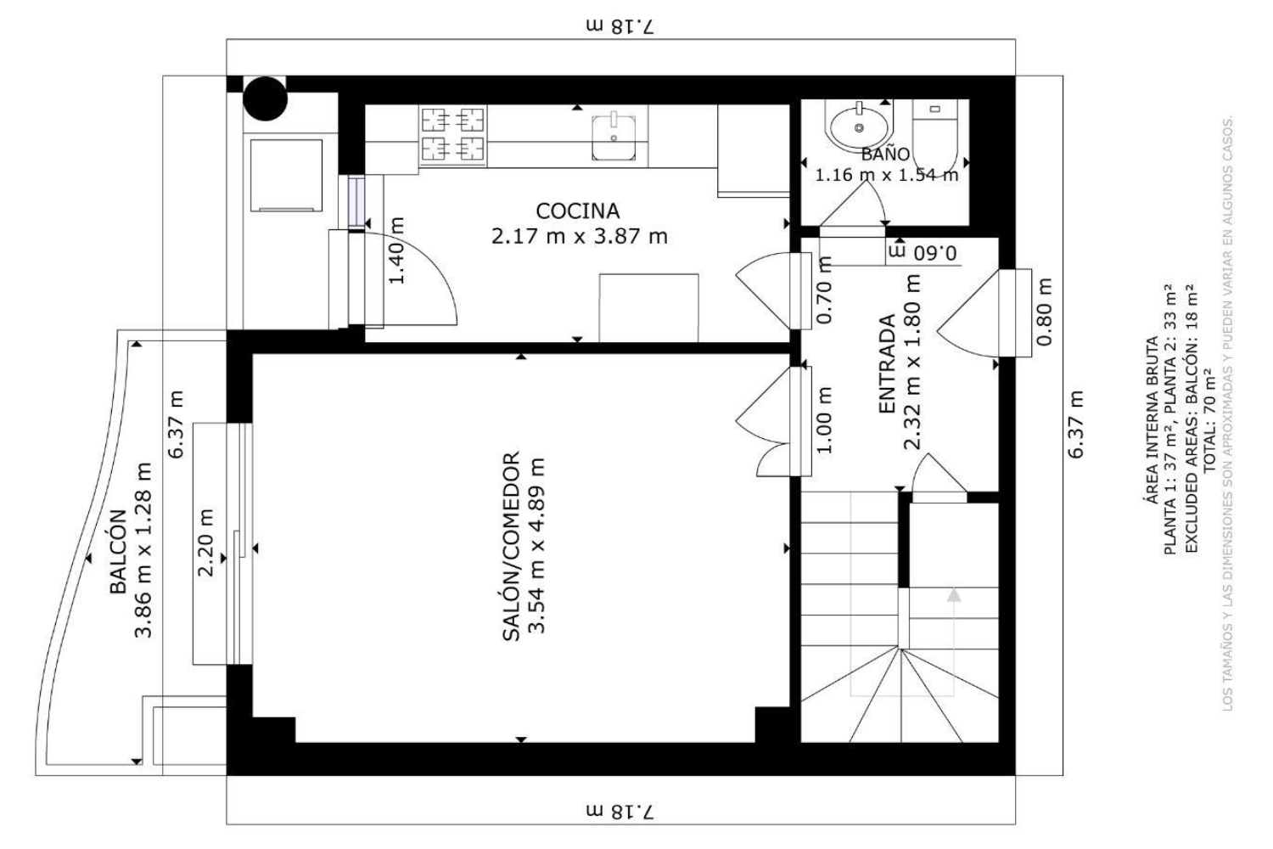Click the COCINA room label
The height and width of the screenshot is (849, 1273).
click(577, 211)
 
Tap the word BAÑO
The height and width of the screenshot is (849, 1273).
click(885, 154)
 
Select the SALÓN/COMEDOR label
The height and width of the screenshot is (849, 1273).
click(512, 547)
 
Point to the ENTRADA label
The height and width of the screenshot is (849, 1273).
click(887, 364)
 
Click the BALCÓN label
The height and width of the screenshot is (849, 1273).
click(118, 552)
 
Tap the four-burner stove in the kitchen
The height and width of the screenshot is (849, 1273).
click(453, 135)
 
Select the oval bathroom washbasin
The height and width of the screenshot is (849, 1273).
click(859, 127)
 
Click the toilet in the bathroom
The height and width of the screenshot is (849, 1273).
click(935, 132)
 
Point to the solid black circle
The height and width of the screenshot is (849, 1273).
click(265, 99)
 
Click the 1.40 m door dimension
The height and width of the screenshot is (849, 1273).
click(396, 250)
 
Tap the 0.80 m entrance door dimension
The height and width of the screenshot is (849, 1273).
click(1045, 312)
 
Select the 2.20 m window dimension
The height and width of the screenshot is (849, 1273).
click(205, 543)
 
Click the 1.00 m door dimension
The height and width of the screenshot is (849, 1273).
click(825, 420)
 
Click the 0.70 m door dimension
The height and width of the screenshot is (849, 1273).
click(825, 290)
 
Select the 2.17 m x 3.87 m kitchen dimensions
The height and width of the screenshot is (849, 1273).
click(579, 235)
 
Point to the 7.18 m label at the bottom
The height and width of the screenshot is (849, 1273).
click(620, 812)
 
